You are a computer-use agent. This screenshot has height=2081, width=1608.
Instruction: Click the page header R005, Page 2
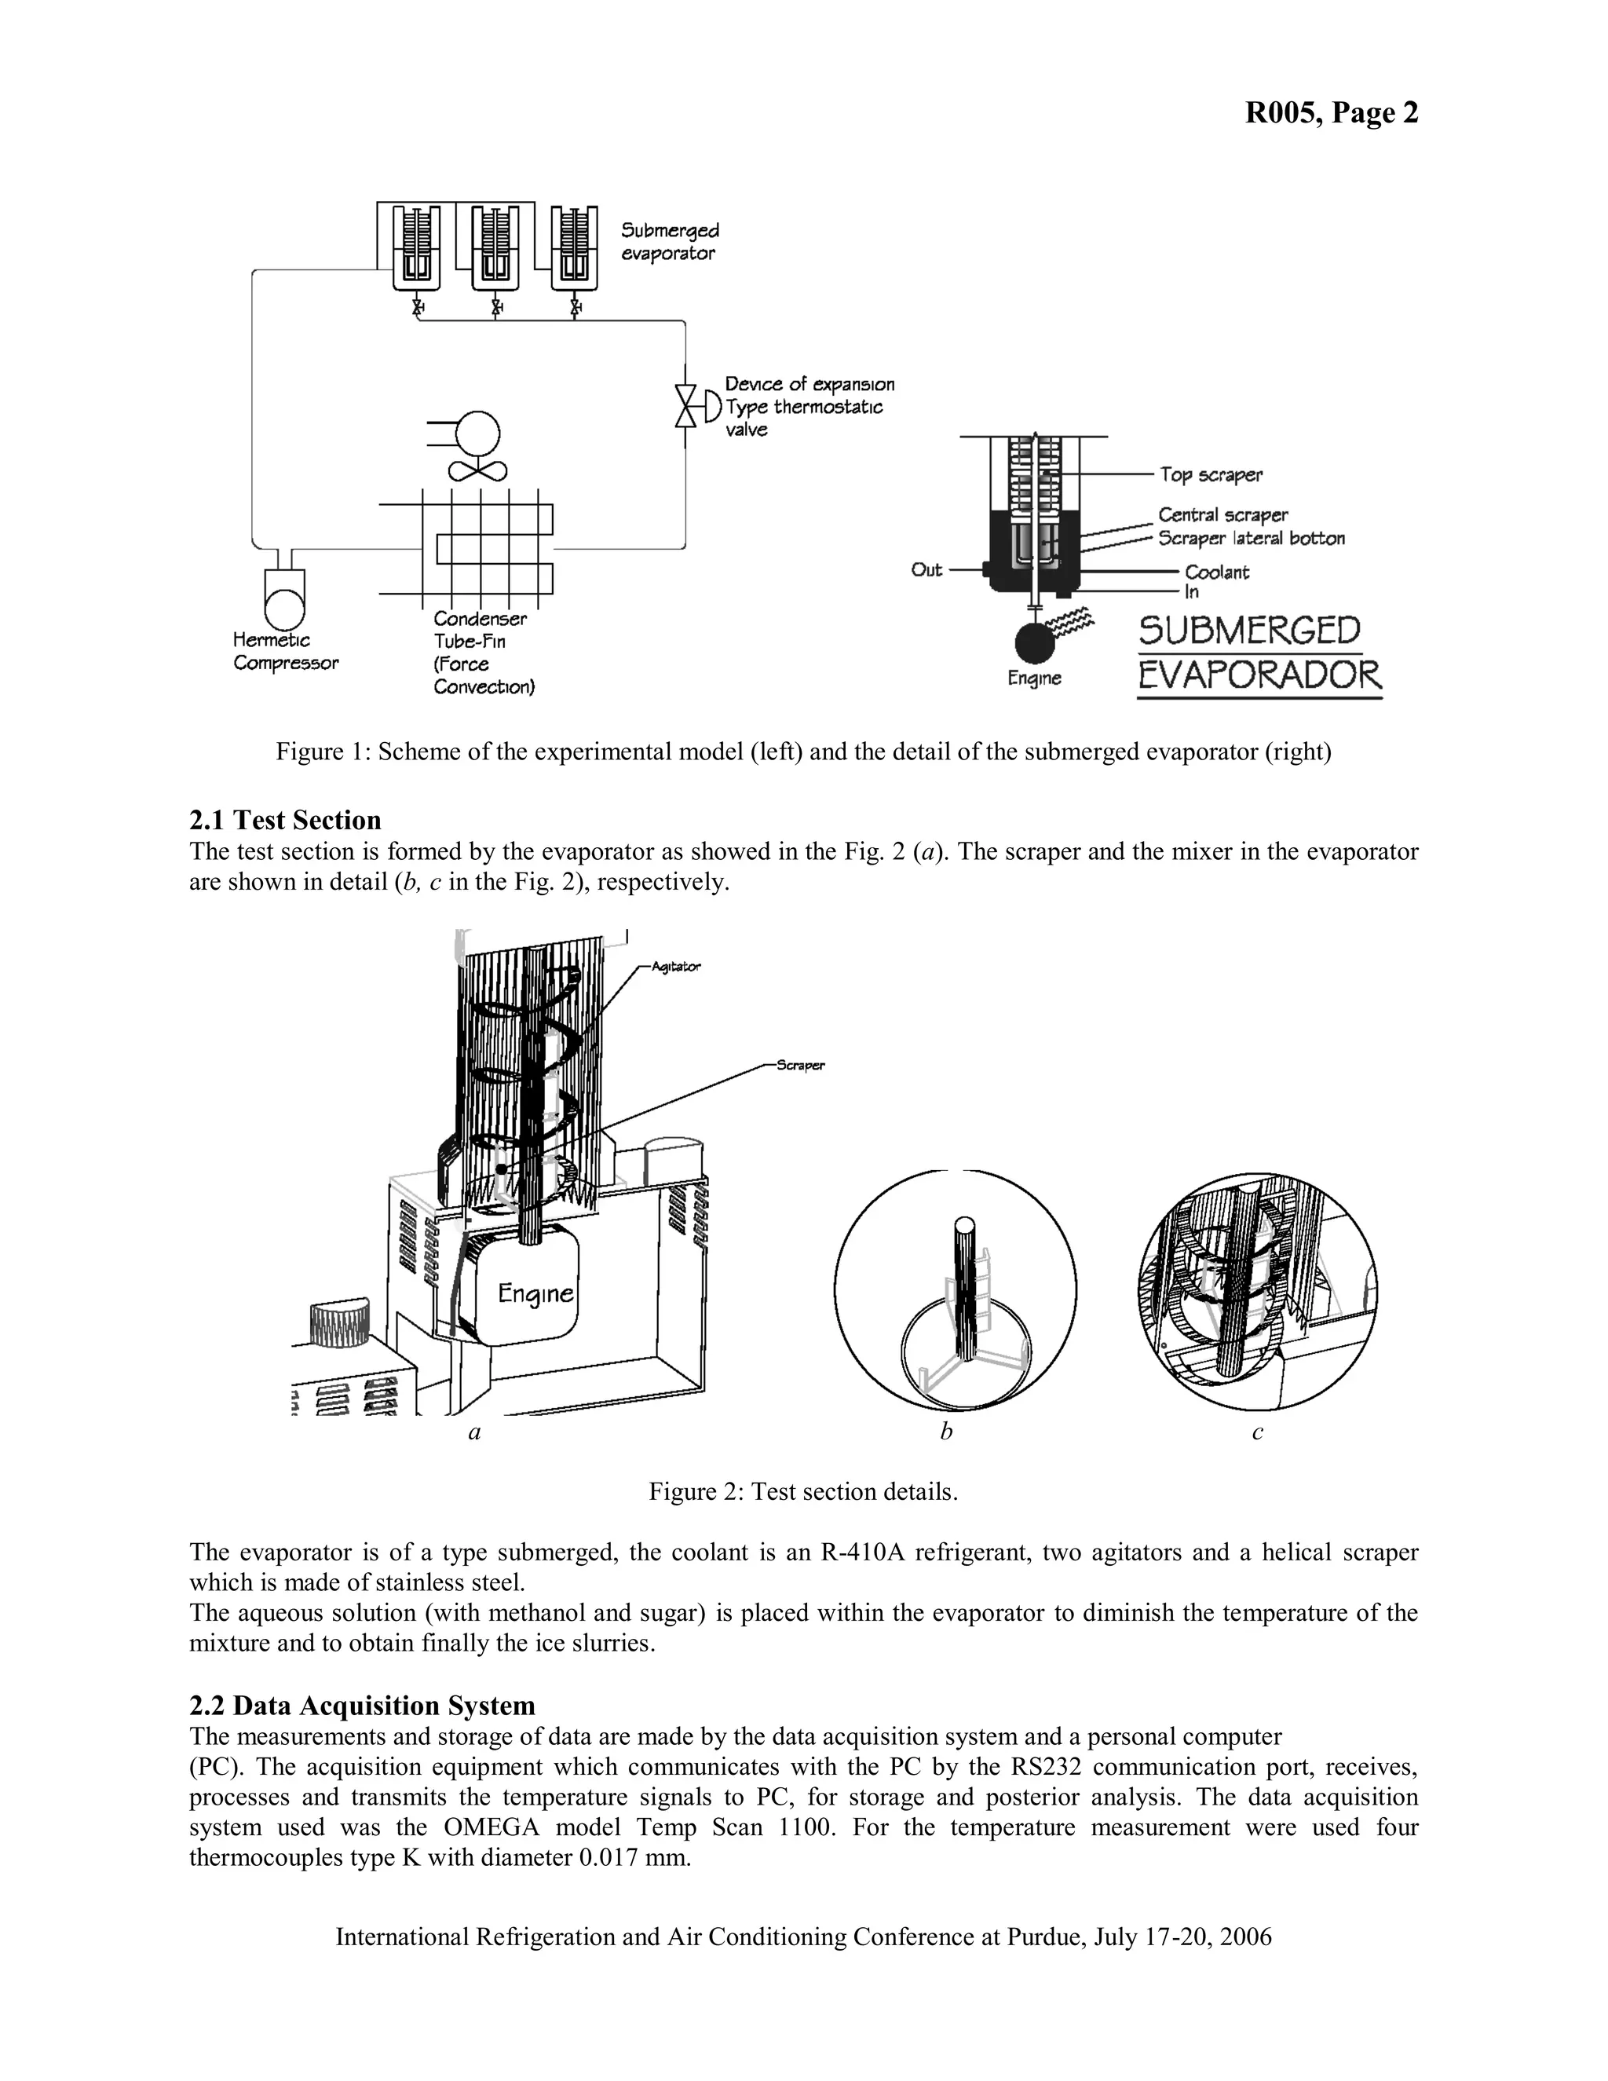click(x=1331, y=113)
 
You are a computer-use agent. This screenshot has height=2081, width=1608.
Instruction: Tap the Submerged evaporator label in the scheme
click(x=670, y=242)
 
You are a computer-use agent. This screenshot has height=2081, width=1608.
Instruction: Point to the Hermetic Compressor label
click(x=285, y=652)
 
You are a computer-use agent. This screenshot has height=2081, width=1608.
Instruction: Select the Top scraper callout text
click(x=1211, y=474)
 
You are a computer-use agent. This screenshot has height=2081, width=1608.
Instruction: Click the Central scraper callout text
click(x=1222, y=515)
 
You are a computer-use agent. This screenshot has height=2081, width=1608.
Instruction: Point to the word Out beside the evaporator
click(x=926, y=570)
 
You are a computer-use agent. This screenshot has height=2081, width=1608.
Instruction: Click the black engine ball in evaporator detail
click(x=1036, y=643)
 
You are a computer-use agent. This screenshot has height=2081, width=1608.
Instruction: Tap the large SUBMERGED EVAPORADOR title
click(x=1259, y=653)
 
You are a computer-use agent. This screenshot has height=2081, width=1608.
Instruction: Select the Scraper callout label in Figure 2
click(x=800, y=1066)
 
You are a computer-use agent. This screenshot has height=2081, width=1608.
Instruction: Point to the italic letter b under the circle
click(x=946, y=1432)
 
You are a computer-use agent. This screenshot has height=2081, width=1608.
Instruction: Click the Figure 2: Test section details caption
click(x=803, y=1491)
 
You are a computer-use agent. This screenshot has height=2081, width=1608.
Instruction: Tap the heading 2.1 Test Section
click(x=285, y=821)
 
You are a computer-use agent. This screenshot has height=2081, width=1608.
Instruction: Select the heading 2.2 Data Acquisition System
click(x=362, y=1706)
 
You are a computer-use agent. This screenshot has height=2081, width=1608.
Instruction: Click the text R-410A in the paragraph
click(x=863, y=1553)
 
